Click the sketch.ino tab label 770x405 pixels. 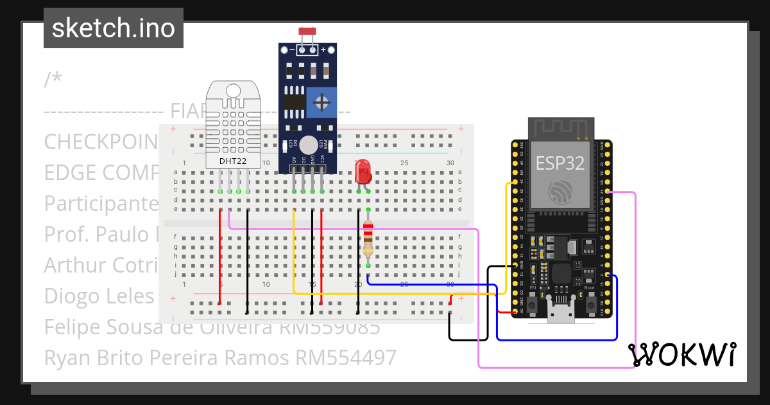114,28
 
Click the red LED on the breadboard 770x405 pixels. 363,171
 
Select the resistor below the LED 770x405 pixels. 368,237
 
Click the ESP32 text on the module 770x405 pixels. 560,163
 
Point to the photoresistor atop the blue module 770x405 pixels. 307,31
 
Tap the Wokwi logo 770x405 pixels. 681,355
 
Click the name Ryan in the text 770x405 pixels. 64,357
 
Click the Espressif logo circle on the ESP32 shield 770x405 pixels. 560,192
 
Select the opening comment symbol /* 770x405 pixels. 53,80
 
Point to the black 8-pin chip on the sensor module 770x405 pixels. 295,103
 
